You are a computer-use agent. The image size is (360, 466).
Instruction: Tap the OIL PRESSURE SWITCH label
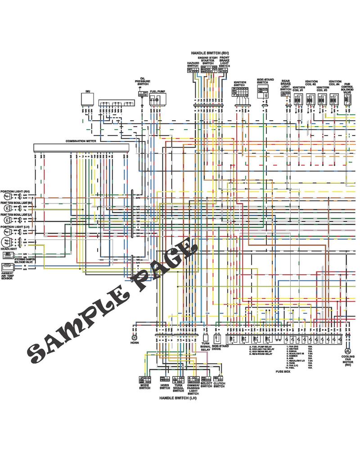[143, 81]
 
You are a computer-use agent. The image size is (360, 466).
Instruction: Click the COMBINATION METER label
[81, 141]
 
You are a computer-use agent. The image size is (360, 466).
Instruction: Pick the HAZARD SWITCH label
[193, 65]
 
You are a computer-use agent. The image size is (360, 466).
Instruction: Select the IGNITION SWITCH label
[240, 84]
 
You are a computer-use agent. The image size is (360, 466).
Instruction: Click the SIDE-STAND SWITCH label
[263, 81]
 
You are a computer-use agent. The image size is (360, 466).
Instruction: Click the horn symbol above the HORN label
[134, 337]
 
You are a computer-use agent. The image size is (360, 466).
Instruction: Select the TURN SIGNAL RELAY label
[205, 347]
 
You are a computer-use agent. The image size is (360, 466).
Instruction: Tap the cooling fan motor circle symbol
[348, 350]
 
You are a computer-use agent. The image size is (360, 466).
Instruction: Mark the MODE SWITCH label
[144, 386]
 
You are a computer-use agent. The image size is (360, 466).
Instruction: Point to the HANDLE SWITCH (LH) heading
[178, 398]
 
